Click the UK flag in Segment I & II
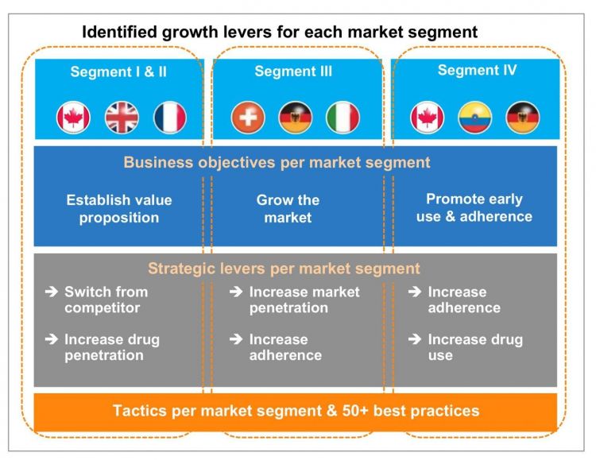[x=122, y=118]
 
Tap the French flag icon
[x=170, y=118]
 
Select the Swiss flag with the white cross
[x=248, y=118]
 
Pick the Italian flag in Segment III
[x=343, y=118]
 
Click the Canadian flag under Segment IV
[x=428, y=118]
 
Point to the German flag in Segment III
[x=296, y=118]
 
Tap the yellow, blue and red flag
[x=474, y=118]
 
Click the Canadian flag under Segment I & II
[x=73, y=118]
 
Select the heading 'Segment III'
[x=293, y=71]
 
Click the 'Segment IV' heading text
[x=477, y=70]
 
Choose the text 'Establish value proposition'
[x=119, y=209]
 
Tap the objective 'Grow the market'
[x=288, y=209]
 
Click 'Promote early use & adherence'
[x=474, y=207]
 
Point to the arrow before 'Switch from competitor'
[x=52, y=292]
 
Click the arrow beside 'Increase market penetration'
[x=236, y=292]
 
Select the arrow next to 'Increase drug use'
[x=415, y=338]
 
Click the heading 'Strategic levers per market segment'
[x=284, y=269]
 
